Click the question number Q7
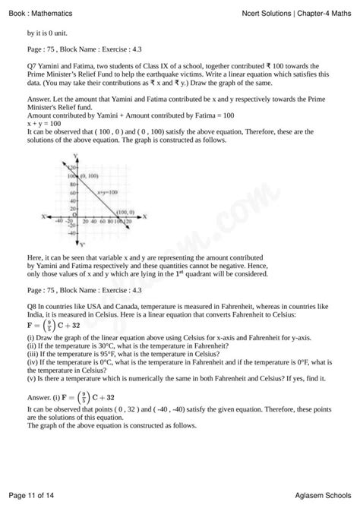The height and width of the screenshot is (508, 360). pyautogui.click(x=32, y=67)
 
